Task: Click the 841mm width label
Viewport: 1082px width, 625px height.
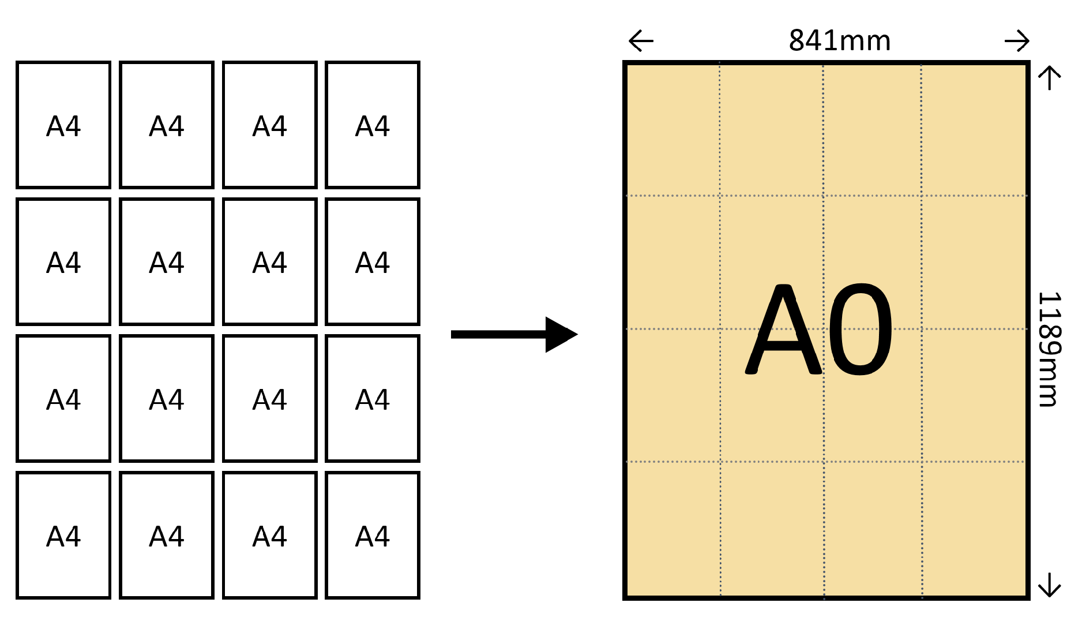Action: [x=839, y=41]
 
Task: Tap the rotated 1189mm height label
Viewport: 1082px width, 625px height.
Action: [x=1049, y=349]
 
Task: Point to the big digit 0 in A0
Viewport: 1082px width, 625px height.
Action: [x=860, y=330]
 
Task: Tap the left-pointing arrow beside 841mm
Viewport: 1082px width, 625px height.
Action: [x=641, y=41]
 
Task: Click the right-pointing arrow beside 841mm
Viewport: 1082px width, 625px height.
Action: [x=1017, y=41]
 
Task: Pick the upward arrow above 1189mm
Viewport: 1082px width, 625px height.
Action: [x=1050, y=78]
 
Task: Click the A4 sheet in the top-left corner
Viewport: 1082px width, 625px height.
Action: [x=63, y=125]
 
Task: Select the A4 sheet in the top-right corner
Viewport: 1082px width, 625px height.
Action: [x=373, y=125]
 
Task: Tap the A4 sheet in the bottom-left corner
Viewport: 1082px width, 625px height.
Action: [x=63, y=536]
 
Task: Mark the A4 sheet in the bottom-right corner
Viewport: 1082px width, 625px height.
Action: [x=373, y=536]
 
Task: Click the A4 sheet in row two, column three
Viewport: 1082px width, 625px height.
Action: [x=270, y=262]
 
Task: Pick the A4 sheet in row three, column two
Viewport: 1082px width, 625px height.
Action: [x=167, y=399]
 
